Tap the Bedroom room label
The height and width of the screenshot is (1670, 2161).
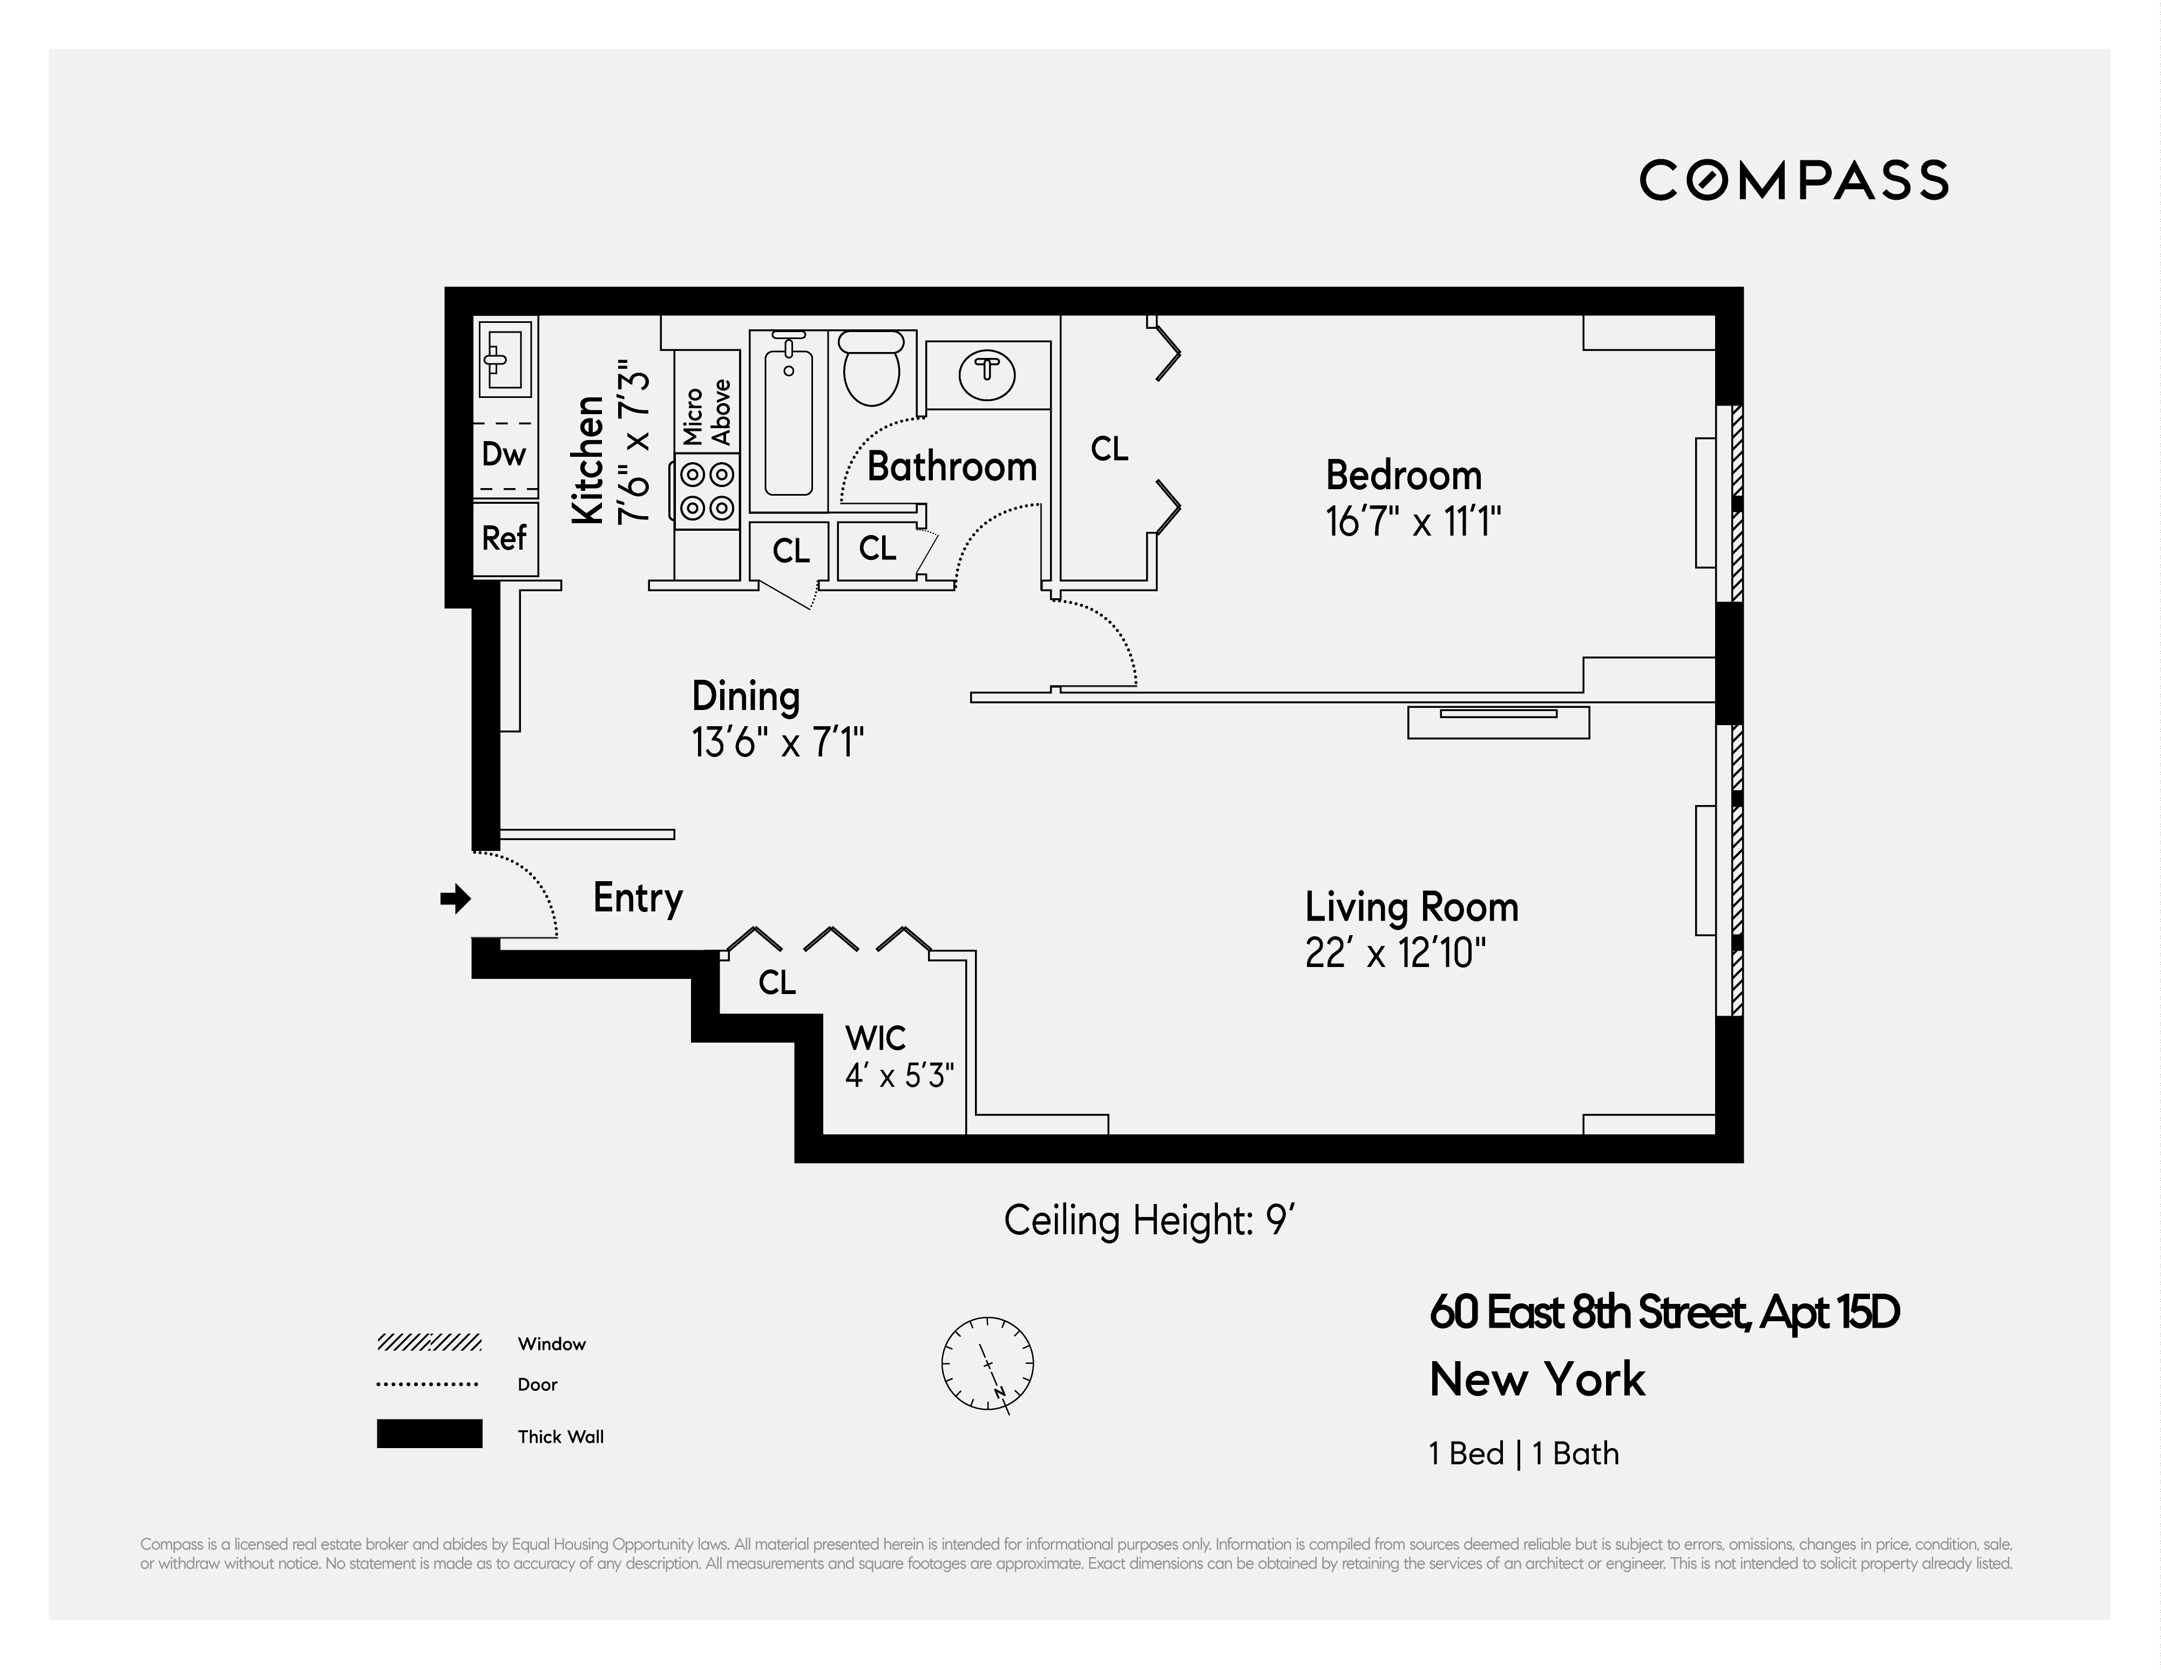tap(1403, 476)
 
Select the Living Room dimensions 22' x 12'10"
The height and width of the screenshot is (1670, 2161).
tap(1395, 954)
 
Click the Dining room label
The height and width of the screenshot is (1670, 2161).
tap(745, 697)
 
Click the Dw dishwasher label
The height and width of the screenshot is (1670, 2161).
tap(504, 454)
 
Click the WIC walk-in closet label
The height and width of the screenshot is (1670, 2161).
tap(875, 1039)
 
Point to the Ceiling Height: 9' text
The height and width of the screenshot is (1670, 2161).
tap(1150, 1221)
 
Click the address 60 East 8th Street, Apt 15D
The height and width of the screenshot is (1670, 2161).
tap(1663, 1313)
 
